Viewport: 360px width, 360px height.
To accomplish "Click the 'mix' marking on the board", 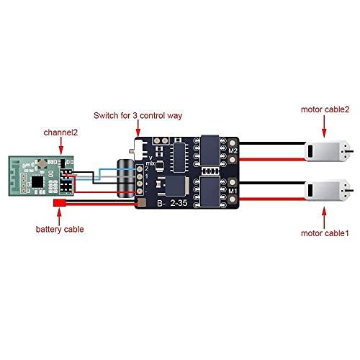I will pos(150,163).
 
